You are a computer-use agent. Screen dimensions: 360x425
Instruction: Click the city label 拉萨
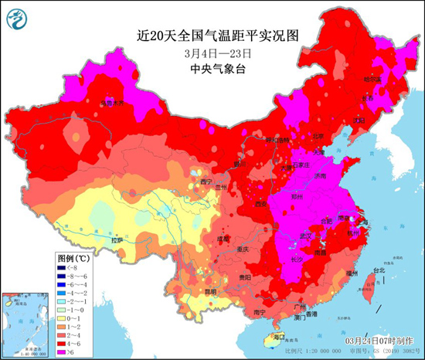(x=117, y=240)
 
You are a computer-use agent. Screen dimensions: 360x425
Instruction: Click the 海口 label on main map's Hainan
(x=280, y=336)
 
